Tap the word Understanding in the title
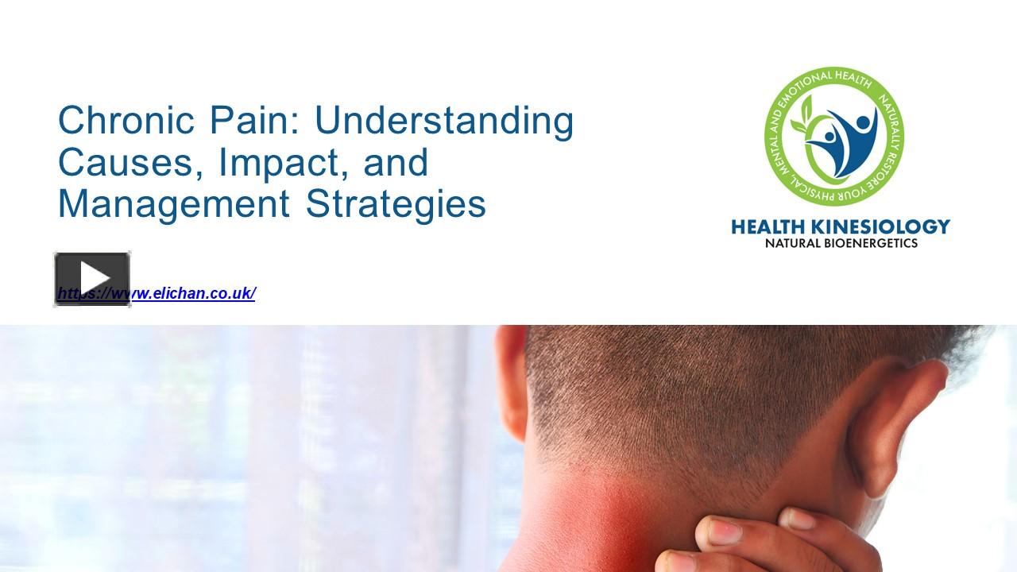444,121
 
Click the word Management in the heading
173,203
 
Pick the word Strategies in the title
396,203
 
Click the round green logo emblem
834,136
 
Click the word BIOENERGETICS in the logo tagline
871,243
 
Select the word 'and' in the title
396,162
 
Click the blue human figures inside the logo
842,139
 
